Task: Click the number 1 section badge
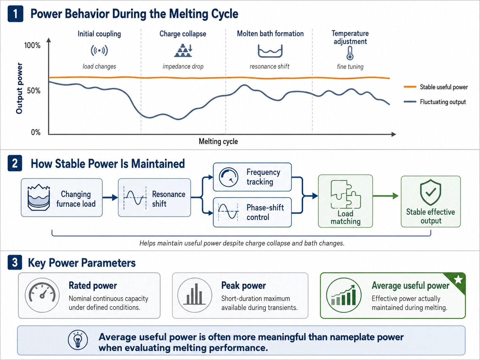[15, 14]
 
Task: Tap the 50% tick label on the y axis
[34, 91]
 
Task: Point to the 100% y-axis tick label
[32, 45]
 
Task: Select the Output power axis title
[19, 88]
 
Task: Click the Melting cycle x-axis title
[218, 142]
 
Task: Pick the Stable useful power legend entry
[436, 87]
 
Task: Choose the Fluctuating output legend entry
[435, 102]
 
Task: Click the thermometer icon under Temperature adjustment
[350, 53]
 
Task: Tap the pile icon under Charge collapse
[183, 50]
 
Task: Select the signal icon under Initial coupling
[99, 50]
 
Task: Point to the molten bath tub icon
[270, 51]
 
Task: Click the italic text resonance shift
[270, 66]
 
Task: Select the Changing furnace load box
[62, 198]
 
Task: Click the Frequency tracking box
[252, 177]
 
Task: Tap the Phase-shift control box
[252, 212]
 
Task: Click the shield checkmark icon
[430, 192]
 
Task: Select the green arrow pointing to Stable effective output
[386, 196]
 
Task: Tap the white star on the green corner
[458, 279]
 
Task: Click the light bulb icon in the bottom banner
[78, 340]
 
